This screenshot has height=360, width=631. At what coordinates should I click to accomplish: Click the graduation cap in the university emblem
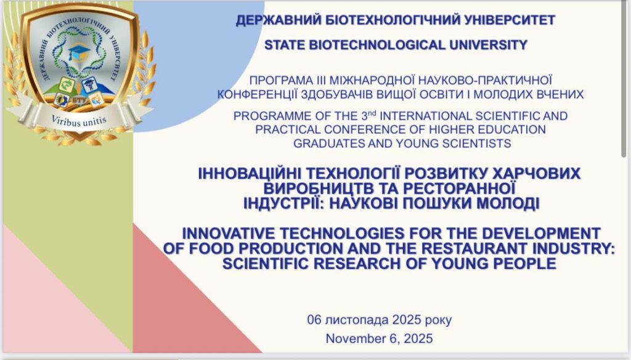tap(79, 51)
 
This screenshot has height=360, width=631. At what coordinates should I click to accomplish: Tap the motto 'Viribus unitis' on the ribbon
tap(79, 120)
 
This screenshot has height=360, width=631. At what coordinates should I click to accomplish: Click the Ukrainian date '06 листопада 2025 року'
tap(380, 320)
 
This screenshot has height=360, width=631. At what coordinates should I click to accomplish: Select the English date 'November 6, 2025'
tap(379, 338)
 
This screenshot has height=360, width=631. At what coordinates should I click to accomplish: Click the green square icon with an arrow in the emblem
tap(67, 84)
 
